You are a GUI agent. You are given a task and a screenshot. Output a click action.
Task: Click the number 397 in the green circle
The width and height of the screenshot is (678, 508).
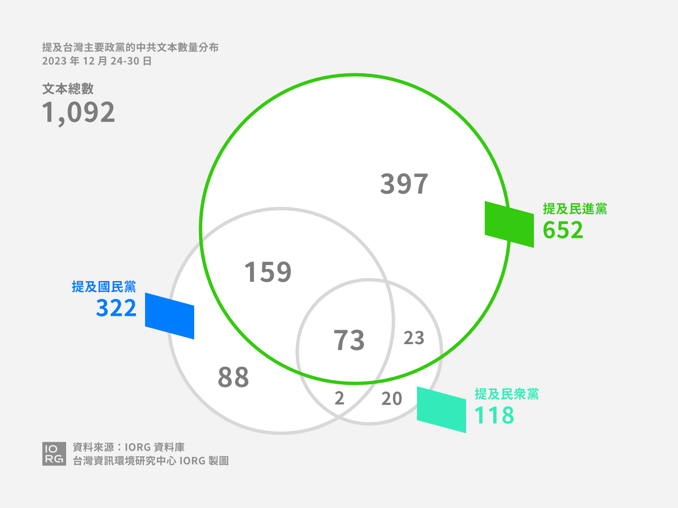click(x=404, y=184)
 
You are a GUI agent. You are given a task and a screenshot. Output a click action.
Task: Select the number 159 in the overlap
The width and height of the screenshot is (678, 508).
click(x=268, y=272)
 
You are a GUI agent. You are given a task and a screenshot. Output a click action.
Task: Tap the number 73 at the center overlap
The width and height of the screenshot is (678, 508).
click(x=349, y=340)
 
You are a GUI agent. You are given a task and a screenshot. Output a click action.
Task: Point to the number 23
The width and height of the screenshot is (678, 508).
click(x=414, y=338)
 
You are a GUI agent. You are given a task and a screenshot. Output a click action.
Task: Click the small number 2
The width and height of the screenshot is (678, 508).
click(x=339, y=398)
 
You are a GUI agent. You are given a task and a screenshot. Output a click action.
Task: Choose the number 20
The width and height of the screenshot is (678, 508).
click(x=392, y=398)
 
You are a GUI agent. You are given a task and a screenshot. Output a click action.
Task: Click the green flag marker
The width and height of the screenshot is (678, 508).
click(x=509, y=224)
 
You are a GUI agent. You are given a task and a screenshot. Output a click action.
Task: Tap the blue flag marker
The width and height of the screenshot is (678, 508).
click(x=169, y=316)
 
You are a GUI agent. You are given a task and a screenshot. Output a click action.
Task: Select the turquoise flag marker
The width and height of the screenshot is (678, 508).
click(x=442, y=410)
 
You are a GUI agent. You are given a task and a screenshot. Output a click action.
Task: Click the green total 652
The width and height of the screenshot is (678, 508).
click(x=563, y=230)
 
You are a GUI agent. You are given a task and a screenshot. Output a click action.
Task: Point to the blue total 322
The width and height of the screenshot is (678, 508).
click(x=116, y=308)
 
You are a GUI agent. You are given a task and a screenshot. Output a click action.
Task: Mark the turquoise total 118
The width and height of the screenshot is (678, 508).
click(x=494, y=415)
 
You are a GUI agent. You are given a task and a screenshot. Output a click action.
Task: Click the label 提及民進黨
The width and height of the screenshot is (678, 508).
click(x=575, y=209)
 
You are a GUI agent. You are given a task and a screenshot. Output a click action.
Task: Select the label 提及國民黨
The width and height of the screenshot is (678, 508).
click(x=104, y=287)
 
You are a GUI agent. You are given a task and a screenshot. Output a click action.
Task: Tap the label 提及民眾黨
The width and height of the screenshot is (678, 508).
click(x=506, y=394)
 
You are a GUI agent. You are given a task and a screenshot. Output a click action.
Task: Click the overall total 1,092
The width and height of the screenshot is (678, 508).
click(x=78, y=113)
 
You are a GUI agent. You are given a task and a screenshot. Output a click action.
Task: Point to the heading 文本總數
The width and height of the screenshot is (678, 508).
click(x=68, y=89)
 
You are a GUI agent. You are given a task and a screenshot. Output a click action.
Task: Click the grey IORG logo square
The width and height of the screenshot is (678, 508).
click(x=54, y=454)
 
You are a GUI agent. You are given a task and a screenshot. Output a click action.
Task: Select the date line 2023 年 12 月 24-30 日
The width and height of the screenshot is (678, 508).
click(x=97, y=61)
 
